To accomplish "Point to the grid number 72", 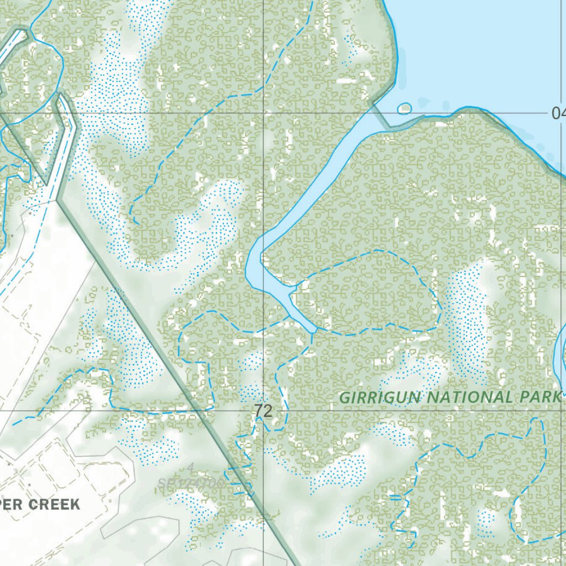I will coord(264,411).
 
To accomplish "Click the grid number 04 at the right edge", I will coord(558,114).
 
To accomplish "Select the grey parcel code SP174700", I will coord(191,483).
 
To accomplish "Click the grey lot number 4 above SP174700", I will coord(190,469).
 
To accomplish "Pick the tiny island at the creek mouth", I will coord(405,108).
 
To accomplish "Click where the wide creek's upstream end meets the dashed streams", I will coord(313,331).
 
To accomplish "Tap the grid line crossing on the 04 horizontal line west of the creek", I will coord(263,113).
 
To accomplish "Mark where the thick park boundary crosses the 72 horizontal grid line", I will coord(199,411).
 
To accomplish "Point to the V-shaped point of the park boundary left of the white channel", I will coord(47,182).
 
